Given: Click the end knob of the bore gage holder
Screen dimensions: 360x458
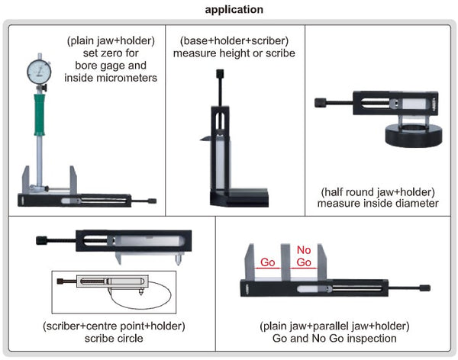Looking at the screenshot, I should pyautogui.click(x=152, y=201).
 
